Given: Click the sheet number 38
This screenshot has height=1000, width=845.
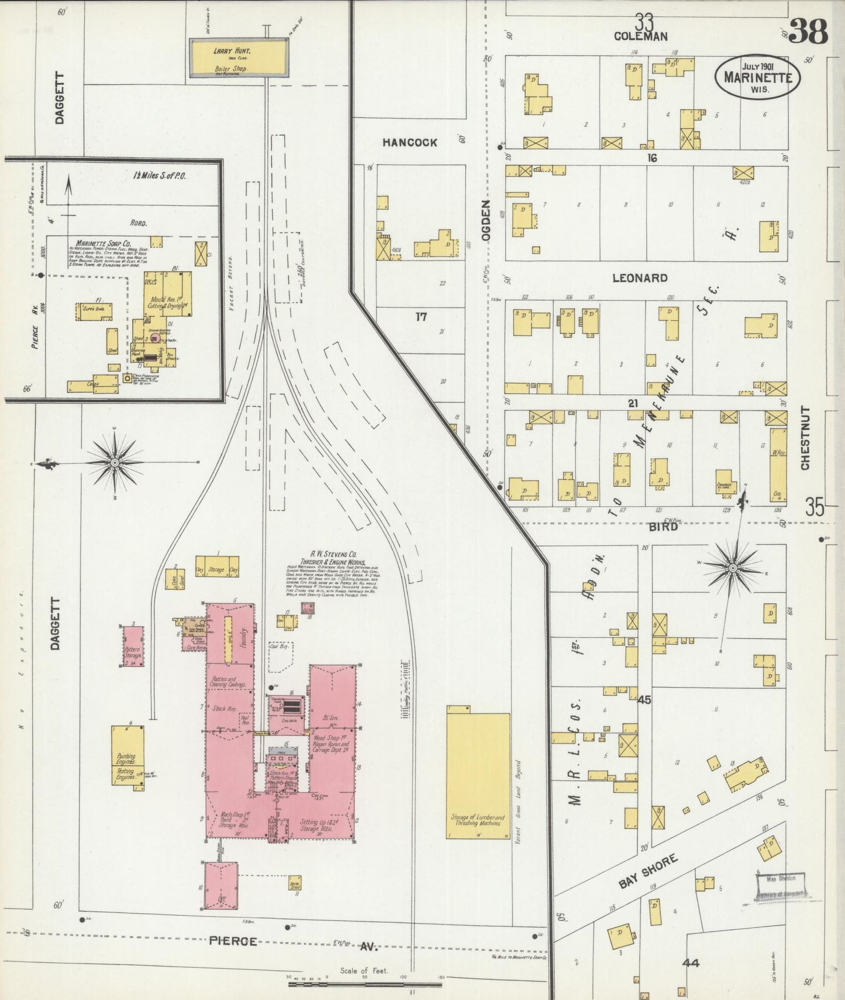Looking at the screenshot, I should pos(808,32).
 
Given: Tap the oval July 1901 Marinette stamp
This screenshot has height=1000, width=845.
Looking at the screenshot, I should pos(758,78).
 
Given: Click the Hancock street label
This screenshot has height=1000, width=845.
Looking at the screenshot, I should pos(410,142).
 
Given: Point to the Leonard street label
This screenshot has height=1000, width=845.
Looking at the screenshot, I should pos(640,278).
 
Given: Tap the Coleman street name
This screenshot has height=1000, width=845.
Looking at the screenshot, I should pos(641,36).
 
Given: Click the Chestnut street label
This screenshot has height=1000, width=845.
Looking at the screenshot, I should pos(805,438).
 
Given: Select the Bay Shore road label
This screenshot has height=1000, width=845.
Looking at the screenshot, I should pos(648,871).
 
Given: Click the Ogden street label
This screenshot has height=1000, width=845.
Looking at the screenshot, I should pos(486,220).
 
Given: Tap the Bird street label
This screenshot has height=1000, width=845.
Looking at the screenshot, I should pos(663,527).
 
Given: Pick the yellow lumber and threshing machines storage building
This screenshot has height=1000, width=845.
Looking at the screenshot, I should pos(478,775).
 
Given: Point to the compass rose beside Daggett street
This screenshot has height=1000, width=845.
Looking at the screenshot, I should pos(115,462).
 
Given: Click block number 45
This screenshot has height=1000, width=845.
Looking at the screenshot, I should pos(644,700).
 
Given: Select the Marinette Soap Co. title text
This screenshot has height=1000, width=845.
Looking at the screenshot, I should pos(103,243).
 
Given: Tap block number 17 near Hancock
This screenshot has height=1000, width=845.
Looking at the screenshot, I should pos(421,317).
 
